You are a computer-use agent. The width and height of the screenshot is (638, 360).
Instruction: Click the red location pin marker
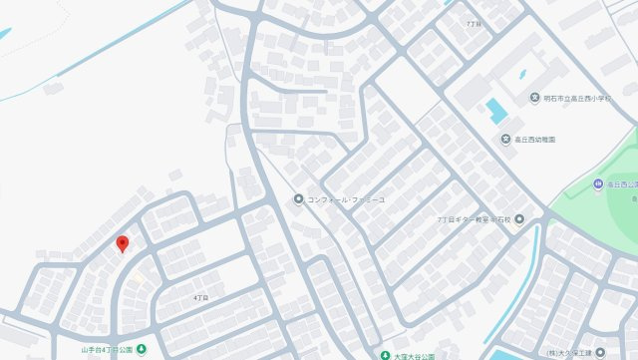(123, 243)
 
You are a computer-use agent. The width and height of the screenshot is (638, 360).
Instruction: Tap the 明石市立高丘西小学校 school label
(586, 99)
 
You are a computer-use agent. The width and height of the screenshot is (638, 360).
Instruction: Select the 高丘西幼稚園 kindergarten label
(535, 139)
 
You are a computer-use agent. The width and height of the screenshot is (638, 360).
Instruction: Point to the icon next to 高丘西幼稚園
(505, 139)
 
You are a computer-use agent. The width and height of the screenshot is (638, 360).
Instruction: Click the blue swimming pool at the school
(496, 110)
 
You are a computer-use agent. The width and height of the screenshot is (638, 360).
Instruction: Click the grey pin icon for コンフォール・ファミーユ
(297, 199)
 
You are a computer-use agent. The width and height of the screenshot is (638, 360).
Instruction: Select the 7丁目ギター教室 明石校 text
(473, 218)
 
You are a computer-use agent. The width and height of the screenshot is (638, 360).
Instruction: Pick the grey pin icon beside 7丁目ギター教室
(518, 218)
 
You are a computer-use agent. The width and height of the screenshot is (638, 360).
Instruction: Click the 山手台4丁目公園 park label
(106, 350)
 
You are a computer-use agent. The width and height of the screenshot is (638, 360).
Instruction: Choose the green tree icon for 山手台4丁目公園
(141, 349)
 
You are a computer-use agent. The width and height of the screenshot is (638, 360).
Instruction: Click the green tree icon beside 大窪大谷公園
(384, 354)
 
